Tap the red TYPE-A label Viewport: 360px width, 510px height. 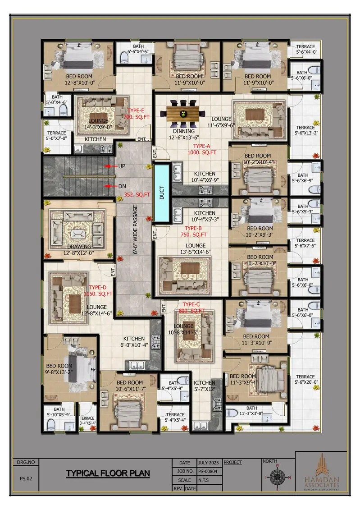click(x=202, y=146)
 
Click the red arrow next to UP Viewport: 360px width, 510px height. click(x=108, y=166)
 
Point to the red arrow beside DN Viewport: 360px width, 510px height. click(x=108, y=185)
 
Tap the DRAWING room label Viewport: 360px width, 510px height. click(x=79, y=247)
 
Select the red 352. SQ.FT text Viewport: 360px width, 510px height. click(x=138, y=195)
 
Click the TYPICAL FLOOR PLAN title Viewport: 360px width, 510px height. click(x=108, y=473)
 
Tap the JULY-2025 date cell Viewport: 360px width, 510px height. click(x=209, y=463)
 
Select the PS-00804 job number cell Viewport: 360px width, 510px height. click(x=210, y=471)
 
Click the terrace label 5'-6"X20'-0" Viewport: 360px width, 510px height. click(x=305, y=379)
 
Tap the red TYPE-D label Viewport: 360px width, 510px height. click(x=98, y=287)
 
